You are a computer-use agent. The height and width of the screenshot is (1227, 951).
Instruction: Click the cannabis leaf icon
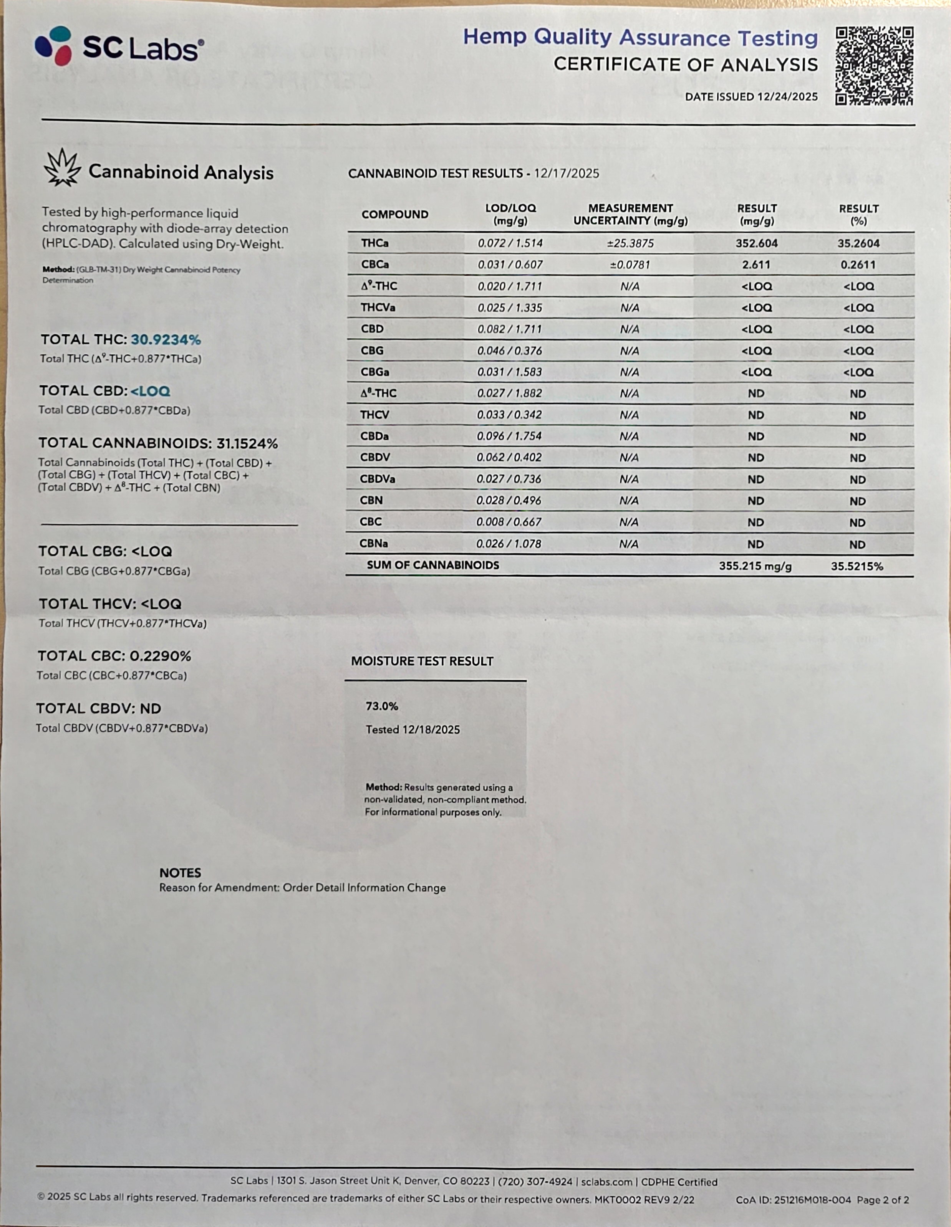(x=62, y=167)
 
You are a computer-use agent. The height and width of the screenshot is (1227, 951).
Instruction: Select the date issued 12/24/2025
(x=787, y=97)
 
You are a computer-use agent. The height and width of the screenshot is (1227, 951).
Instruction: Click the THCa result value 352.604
(x=757, y=243)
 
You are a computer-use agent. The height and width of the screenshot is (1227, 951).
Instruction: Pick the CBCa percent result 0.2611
(x=858, y=265)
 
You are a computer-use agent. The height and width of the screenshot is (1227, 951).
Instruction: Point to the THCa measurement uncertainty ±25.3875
(x=630, y=243)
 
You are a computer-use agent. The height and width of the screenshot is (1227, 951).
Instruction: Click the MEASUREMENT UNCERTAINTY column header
(x=630, y=215)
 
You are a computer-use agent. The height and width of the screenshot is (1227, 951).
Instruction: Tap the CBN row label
(x=371, y=500)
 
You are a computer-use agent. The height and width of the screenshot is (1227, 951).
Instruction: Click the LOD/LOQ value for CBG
(x=509, y=351)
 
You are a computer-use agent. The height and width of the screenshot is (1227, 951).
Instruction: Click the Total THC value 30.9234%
(x=166, y=339)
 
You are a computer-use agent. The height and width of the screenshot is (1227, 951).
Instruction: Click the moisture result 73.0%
(x=382, y=706)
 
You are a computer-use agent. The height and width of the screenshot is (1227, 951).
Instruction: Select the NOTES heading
(x=180, y=873)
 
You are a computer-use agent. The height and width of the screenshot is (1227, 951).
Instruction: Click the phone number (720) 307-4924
(x=537, y=1181)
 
